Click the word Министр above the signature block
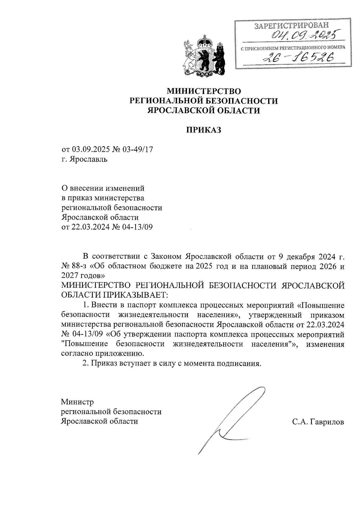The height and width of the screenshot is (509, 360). (x=77, y=402)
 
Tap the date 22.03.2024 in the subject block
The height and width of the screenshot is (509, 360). (x=90, y=227)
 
